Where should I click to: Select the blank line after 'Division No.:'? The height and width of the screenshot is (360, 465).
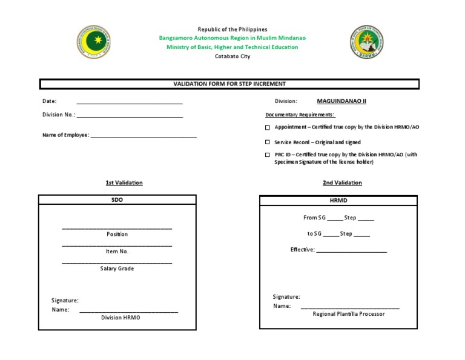point(130,116)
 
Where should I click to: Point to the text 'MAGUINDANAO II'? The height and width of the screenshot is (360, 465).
point(341,101)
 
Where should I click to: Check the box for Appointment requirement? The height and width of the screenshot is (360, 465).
point(268,128)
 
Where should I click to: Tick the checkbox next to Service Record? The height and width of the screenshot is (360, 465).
point(268,142)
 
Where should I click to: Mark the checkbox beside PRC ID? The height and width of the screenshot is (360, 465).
point(268,155)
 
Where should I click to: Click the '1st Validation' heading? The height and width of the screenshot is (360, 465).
point(124,182)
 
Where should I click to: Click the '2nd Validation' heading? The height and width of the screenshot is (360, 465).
point(342,182)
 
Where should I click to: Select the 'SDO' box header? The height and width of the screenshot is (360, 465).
point(117,200)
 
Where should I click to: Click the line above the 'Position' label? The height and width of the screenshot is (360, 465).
point(117,228)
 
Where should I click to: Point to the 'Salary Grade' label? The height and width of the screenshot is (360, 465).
point(117,268)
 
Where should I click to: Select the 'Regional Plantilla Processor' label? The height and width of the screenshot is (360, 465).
point(348,314)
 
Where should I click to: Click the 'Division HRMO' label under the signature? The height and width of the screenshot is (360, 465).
point(120,317)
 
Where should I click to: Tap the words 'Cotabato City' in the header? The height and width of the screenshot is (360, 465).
point(232,56)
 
